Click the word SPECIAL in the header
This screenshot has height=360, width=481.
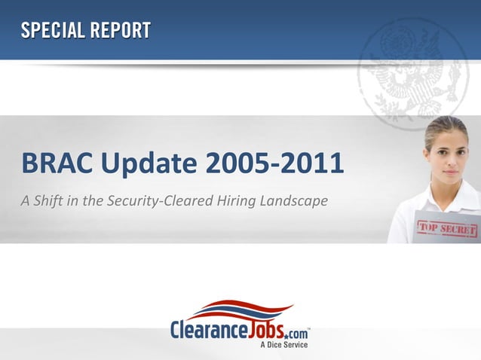coord(52,31)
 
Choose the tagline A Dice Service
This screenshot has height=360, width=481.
coord(284,345)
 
